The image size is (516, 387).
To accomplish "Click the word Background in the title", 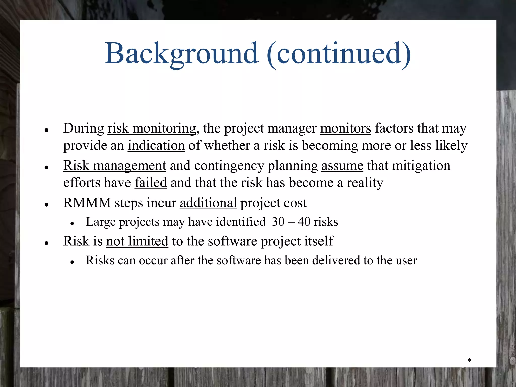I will click(x=181, y=53).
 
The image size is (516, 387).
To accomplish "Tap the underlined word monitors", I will click(x=345, y=128).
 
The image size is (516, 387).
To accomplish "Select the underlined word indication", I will click(x=156, y=145).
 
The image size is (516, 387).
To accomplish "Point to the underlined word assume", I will click(x=342, y=166).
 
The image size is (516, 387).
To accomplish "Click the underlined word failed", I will click(x=151, y=183).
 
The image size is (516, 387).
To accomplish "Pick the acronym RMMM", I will click(x=87, y=203).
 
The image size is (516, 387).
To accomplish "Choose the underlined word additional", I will click(x=208, y=203).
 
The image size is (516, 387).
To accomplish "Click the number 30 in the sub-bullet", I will click(x=278, y=222).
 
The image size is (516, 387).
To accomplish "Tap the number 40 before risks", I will click(x=304, y=222).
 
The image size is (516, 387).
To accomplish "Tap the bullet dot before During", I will click(x=46, y=130).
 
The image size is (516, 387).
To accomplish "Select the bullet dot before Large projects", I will click(x=72, y=223).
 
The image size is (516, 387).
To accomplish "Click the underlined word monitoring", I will click(x=164, y=128).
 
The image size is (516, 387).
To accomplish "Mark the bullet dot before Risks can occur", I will click(x=72, y=262).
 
